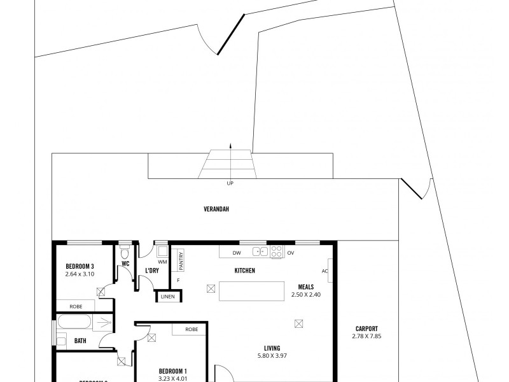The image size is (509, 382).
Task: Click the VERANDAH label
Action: [216, 209]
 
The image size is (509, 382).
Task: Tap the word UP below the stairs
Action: [230, 184]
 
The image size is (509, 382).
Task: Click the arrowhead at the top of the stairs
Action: [230, 146]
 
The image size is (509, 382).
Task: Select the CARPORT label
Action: [366, 329]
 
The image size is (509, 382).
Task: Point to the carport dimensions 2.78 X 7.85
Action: [366, 336]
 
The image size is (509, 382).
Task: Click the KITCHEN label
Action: [245, 271]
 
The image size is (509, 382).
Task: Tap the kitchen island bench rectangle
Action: [252, 292]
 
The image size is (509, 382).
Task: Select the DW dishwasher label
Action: [236, 253]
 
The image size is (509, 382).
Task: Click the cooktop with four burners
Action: [277, 251]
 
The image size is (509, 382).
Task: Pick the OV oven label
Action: [291, 253]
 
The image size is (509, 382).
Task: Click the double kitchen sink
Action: [260, 250]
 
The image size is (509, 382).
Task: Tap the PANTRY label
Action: [181, 261]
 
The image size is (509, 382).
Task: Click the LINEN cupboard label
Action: [168, 297]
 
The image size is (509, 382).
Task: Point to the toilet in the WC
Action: [125, 250]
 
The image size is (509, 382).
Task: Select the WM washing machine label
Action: [162, 261]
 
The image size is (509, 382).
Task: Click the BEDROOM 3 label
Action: [80, 266]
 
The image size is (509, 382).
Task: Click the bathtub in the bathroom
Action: [78, 322]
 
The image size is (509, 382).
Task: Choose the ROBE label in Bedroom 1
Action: [191, 329]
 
